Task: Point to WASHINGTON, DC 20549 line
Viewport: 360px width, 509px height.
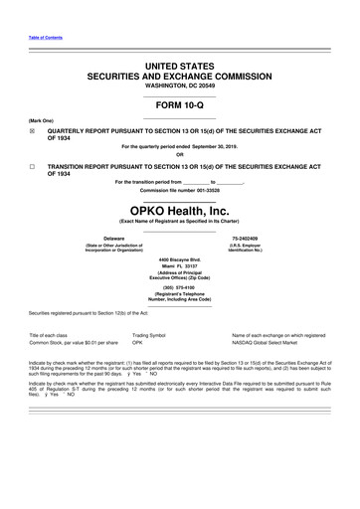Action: [x=179, y=85]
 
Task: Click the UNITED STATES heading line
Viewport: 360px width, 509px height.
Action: [x=179, y=64]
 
